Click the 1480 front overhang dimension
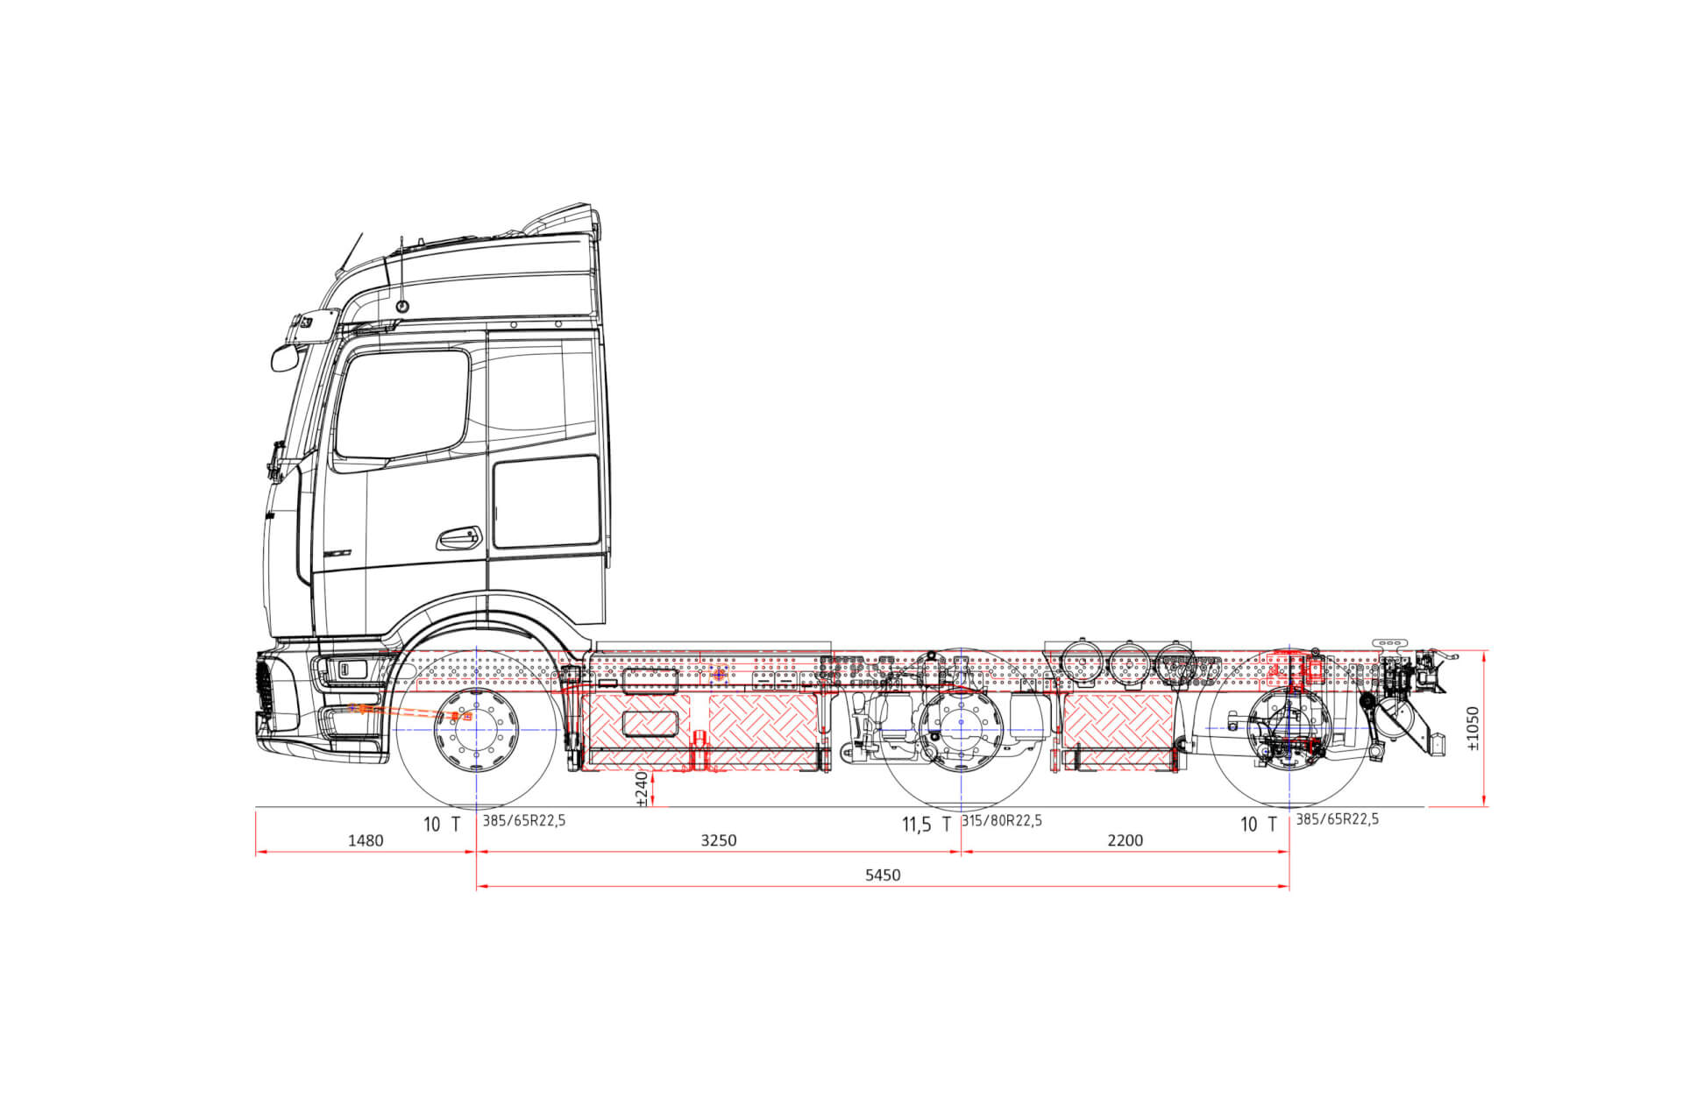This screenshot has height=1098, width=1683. pyautogui.click(x=366, y=840)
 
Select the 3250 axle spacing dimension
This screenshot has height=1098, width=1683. pyautogui.click(x=718, y=840)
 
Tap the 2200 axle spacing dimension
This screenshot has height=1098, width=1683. pyautogui.click(x=1125, y=840)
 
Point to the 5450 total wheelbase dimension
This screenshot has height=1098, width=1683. pyautogui.click(x=882, y=875)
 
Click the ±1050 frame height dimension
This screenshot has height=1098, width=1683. pyautogui.click(x=1473, y=729)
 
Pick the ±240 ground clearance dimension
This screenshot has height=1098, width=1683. pyautogui.click(x=642, y=788)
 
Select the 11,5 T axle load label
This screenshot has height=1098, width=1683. pyautogui.click(x=926, y=825)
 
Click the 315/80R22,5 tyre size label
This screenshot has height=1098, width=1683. pyautogui.click(x=1002, y=821)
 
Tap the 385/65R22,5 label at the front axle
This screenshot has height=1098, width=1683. pyautogui.click(x=524, y=821)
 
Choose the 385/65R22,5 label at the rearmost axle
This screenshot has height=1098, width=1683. pyautogui.click(x=1337, y=819)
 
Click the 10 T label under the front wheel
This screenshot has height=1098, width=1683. pyautogui.click(x=442, y=825)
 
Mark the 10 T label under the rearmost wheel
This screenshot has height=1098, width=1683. pyautogui.click(x=1259, y=825)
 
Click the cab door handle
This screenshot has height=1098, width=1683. pyautogui.click(x=459, y=537)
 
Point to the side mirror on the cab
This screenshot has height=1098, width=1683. pyautogui.click(x=285, y=358)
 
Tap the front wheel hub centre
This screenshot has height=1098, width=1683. pyautogui.click(x=476, y=729)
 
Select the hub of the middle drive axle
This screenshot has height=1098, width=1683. pyautogui.click(x=962, y=723)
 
